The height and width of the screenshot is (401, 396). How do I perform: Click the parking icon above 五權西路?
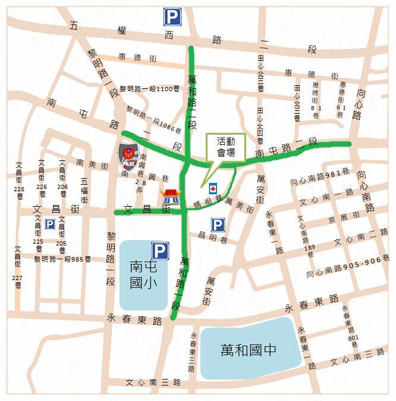(x=172, y=17)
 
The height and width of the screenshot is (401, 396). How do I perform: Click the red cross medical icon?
(x=212, y=188)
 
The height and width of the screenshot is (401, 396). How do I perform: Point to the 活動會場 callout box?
(x=225, y=147)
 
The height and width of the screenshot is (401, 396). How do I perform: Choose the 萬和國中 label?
(x=248, y=349)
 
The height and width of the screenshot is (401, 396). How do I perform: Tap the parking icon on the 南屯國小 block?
(x=159, y=251)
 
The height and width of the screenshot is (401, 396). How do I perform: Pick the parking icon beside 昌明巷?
(x=218, y=225)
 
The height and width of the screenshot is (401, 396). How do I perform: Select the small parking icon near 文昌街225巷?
(x=50, y=224)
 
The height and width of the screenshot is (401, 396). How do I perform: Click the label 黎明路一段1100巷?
(x=150, y=88)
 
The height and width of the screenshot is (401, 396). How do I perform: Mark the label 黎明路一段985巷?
(x=62, y=259)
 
